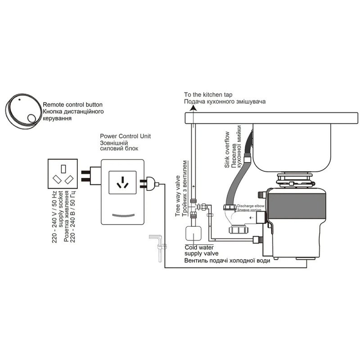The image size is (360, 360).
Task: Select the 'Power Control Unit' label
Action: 125,135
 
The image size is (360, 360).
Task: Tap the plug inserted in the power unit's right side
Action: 151,183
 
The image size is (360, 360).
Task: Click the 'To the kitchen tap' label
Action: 208,95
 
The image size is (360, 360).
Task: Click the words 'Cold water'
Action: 200,247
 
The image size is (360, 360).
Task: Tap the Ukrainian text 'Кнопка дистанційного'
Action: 74,111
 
